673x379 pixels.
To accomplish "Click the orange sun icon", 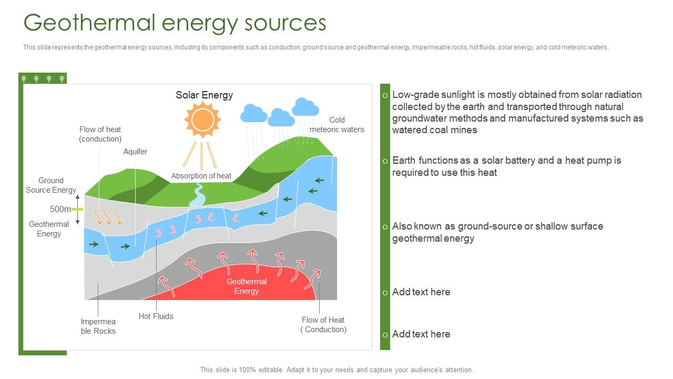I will (202, 120).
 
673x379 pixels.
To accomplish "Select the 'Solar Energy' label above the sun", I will (204, 95).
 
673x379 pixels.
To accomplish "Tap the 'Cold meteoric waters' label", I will (336, 125).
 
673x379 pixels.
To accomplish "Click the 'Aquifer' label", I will (135, 152).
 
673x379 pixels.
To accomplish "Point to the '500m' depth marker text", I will (60, 209).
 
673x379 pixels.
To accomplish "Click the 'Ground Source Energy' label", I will (51, 185).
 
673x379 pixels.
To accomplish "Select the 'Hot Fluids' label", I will (156, 316).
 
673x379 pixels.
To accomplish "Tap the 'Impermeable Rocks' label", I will (98, 326).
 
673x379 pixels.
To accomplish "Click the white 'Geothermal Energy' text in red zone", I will (247, 286).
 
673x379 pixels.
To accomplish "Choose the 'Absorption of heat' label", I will (201, 176).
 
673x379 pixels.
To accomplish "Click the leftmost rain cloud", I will (254, 114).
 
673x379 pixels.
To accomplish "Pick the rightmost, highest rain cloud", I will (305, 107).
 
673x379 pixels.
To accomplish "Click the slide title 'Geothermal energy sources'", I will (175, 23).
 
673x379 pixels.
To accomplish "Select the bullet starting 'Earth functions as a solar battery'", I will (506, 166).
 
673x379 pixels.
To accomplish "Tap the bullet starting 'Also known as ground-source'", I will (497, 232).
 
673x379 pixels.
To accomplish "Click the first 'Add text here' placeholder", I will (421, 292).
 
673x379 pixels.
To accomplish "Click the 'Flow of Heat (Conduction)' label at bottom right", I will (323, 325).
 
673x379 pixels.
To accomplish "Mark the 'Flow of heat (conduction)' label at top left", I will (100, 134).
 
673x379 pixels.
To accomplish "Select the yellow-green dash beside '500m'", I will (77, 209).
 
